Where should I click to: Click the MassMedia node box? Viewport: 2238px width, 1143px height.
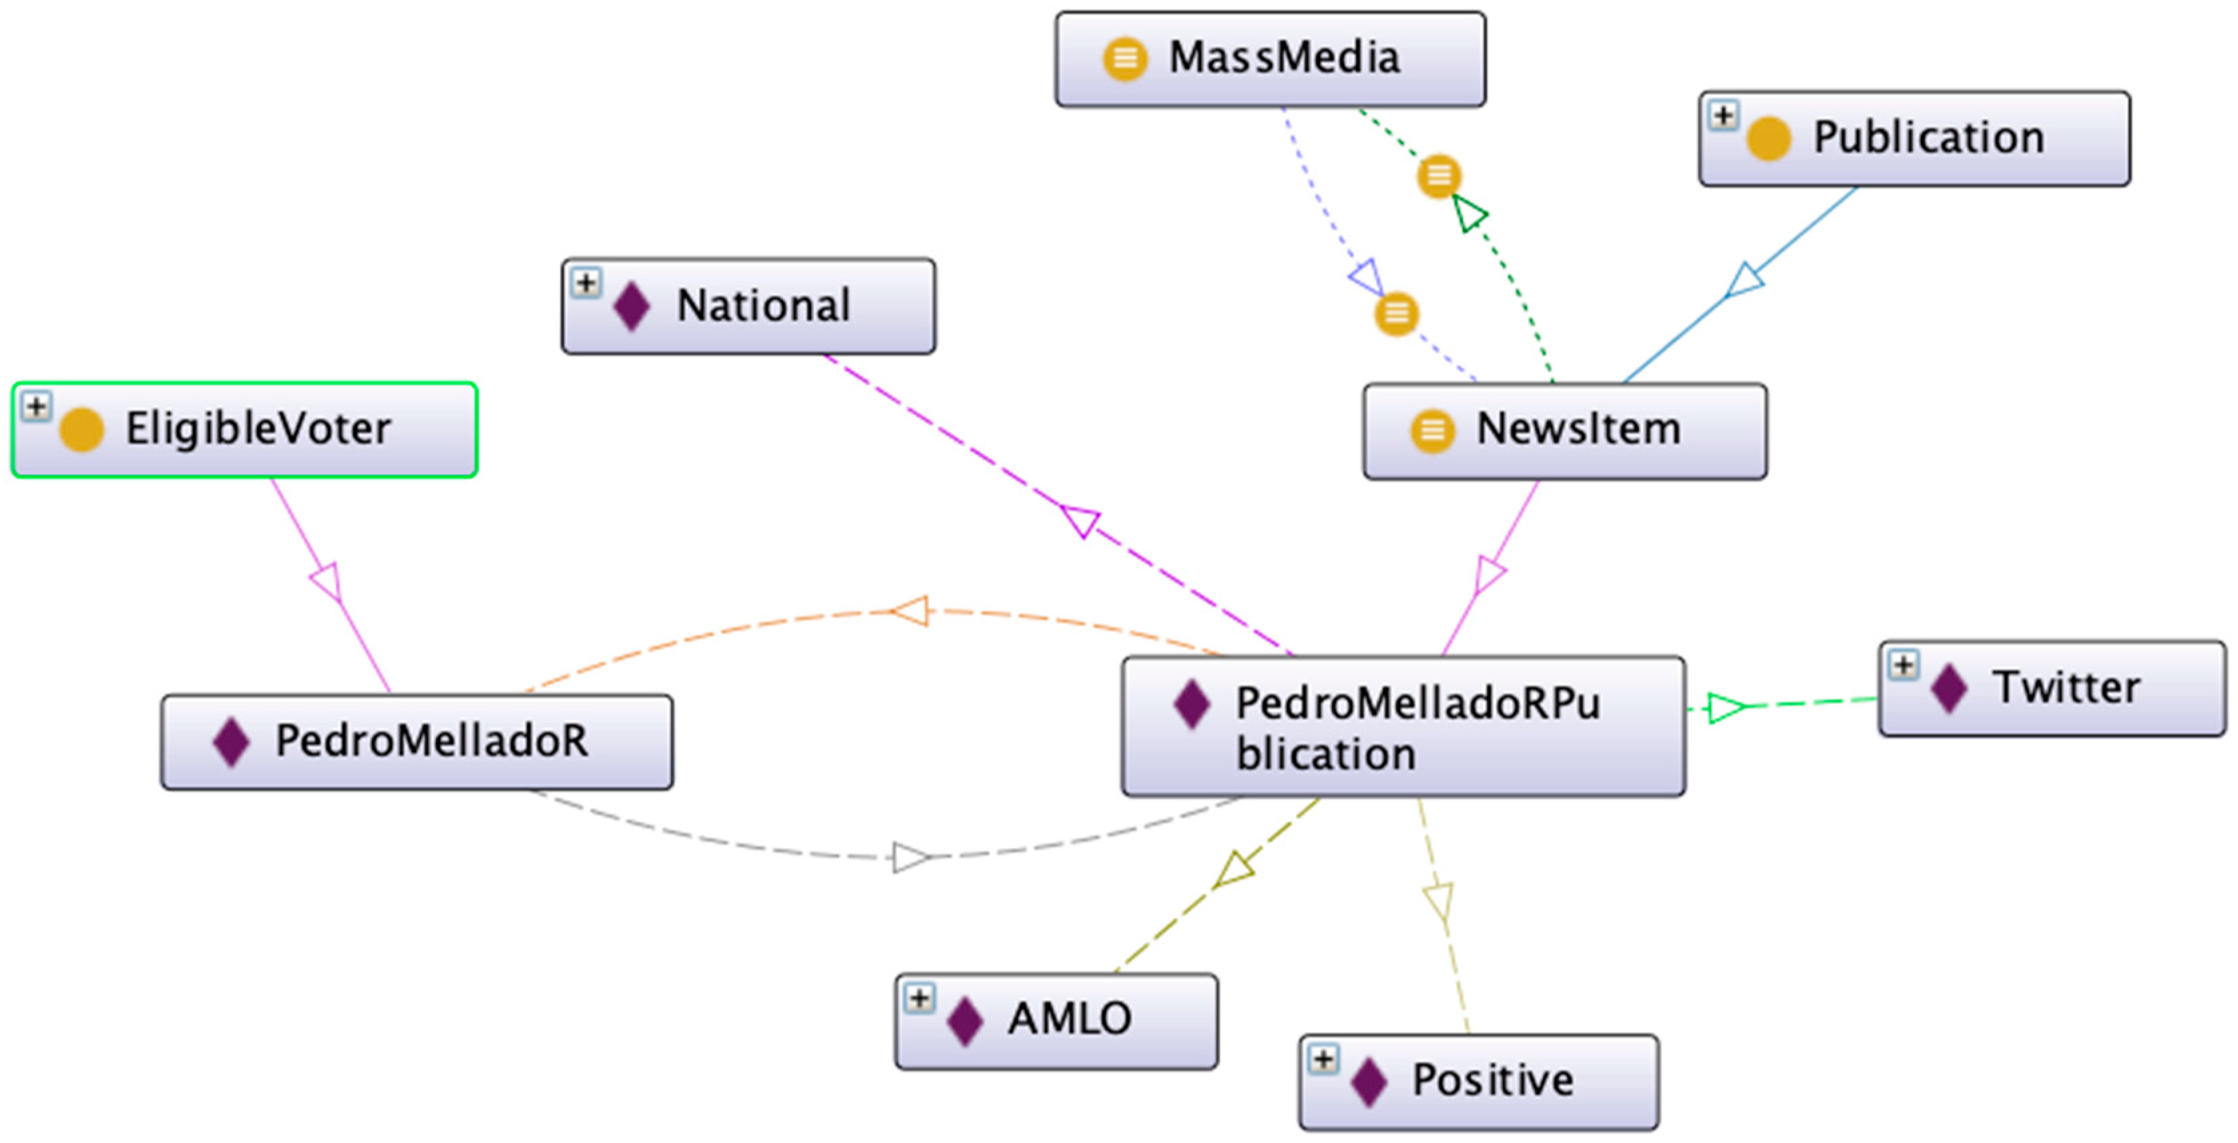coord(1269,59)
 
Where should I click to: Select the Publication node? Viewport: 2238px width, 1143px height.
coord(1914,138)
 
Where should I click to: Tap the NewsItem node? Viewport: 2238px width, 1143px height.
coord(1564,430)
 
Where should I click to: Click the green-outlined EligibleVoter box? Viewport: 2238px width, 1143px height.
coord(244,430)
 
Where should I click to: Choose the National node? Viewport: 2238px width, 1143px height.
coord(748,306)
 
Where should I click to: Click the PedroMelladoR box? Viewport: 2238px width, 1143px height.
coord(416,742)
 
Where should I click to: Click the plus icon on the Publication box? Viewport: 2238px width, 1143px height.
coord(1722,116)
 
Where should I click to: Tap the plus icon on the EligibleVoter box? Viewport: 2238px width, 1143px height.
coord(35,406)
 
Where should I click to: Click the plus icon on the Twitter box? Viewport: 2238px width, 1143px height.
coord(1903,665)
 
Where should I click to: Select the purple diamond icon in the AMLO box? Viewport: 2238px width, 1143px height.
coord(964,1021)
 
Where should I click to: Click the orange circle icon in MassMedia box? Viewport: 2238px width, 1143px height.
coord(1124,59)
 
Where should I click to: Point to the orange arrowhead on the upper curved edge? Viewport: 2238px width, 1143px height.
coord(911,611)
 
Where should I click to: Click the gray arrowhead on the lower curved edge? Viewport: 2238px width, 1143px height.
coord(911,858)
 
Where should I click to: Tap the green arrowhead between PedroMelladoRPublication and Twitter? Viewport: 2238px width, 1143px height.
coord(1725,707)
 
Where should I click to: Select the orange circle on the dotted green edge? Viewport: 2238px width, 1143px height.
coord(1439,176)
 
